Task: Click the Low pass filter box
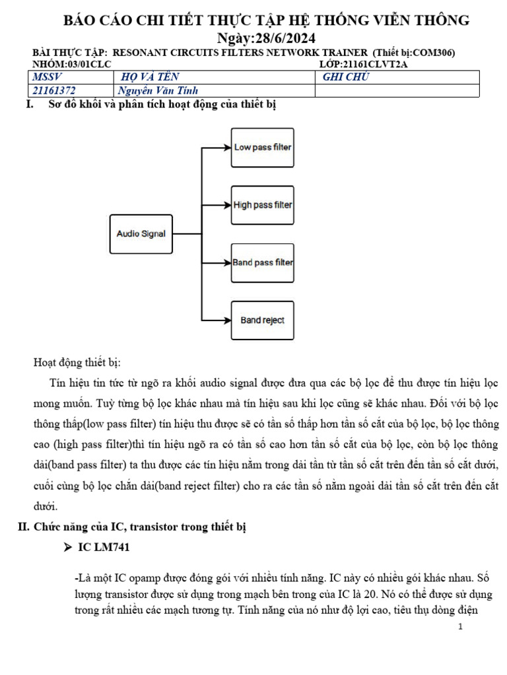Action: coord(262,147)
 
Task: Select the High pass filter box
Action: coord(262,205)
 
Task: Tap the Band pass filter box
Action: coord(262,262)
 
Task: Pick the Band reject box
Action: coord(262,320)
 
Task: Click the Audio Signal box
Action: coord(141,233)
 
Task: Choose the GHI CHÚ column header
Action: coord(346,78)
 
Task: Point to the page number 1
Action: coord(460,626)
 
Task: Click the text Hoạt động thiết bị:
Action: coord(77,363)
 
